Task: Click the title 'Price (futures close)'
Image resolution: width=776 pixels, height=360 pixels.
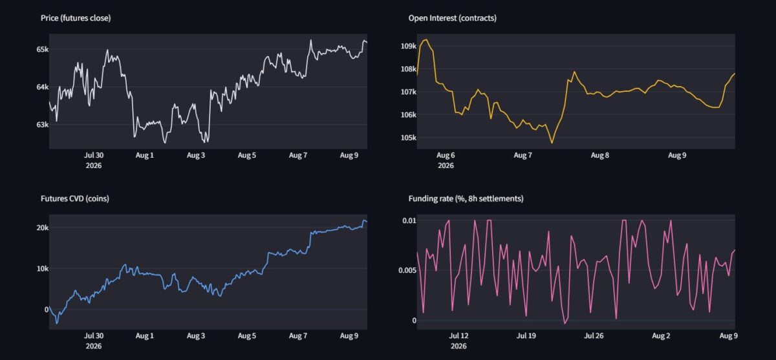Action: pos(76,18)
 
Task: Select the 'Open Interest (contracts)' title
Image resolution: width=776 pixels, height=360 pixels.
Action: pos(452,18)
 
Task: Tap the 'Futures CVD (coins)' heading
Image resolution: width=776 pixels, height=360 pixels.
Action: pos(75,198)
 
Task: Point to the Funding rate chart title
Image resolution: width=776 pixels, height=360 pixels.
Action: pos(466,198)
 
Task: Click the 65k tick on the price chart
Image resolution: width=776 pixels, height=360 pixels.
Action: pos(42,50)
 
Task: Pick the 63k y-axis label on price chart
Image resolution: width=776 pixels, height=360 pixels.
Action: pos(42,125)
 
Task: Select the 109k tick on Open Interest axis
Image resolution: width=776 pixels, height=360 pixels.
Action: pos(409,46)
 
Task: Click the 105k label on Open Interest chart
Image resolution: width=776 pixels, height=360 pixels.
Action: pos(409,138)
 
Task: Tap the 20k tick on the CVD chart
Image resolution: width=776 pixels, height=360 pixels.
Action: pos(42,228)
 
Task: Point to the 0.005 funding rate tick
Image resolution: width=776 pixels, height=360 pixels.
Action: pos(407,270)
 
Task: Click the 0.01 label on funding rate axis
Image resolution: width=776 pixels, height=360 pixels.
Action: pos(409,221)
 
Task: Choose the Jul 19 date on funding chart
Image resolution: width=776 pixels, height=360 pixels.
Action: pos(526,336)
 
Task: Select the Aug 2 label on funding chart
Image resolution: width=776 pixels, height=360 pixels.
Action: pos(661,336)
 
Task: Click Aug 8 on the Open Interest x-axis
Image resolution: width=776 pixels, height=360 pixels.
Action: pos(599,155)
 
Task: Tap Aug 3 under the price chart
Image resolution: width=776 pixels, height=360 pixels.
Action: pos(196,155)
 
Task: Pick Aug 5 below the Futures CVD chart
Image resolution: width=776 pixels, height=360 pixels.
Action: pos(246,336)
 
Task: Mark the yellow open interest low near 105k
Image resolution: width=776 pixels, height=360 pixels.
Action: pos(552,143)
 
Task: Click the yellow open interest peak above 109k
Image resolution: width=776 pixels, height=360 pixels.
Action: pos(426,40)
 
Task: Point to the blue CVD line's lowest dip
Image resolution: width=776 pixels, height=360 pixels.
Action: pos(57,323)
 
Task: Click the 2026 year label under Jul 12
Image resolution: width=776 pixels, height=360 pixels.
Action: pos(458,346)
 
